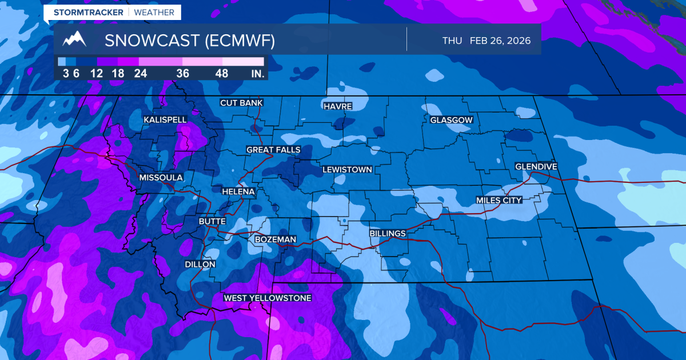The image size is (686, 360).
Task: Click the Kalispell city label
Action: tap(165, 119)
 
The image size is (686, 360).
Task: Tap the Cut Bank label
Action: tap(242, 103)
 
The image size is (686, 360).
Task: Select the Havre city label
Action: tap(337, 106)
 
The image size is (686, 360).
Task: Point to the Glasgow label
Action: tap(452, 120)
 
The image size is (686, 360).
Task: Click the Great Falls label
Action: tap(273, 150)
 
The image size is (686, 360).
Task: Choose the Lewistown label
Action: tap(347, 170)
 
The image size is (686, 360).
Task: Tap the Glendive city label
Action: tap(536, 166)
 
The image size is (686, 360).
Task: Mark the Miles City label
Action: tap(499, 200)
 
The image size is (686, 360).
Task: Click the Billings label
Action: tap(388, 233)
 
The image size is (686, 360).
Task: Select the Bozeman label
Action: tap(276, 239)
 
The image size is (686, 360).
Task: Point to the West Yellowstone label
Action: tap(267, 298)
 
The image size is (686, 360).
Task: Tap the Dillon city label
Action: tap(200, 265)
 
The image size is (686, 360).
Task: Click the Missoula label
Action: tap(161, 178)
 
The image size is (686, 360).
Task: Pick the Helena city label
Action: tap(238, 191)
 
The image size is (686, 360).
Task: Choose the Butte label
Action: tap(212, 221)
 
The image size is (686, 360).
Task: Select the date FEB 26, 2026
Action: tap(500, 41)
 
